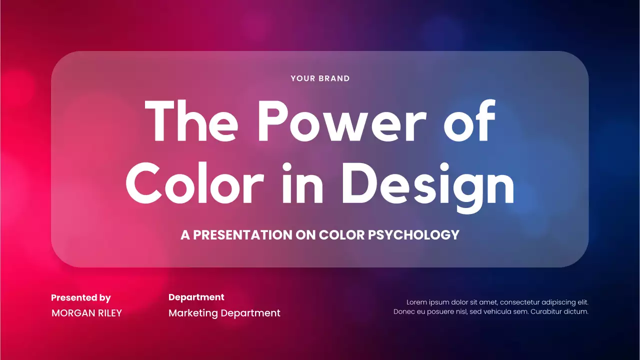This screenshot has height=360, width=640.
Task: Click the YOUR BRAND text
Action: tap(320, 78)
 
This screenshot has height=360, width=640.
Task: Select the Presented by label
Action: tap(81, 298)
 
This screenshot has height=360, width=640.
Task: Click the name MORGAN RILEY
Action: tap(86, 313)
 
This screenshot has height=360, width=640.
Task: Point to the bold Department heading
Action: tap(196, 297)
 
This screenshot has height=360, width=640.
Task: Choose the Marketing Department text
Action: tap(224, 313)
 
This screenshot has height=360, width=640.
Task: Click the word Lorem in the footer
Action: tap(417, 302)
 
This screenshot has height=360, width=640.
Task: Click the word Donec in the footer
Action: tap(404, 311)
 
